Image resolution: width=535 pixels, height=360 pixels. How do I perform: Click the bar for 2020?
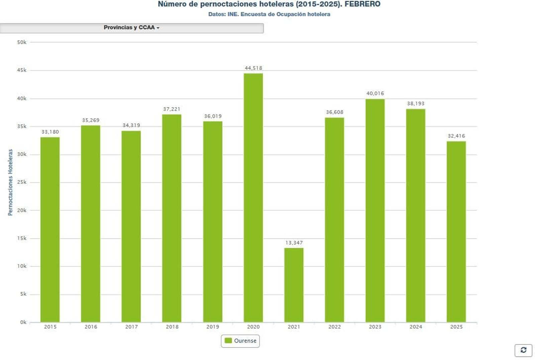(x=253, y=197)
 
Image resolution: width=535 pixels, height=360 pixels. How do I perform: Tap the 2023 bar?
(x=375, y=211)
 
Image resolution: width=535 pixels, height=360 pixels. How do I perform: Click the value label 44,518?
(x=253, y=68)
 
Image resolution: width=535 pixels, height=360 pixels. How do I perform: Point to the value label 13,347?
(x=294, y=243)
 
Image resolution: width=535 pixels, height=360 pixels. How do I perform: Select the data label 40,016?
(x=375, y=94)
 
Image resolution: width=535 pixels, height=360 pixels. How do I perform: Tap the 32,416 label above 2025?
(x=456, y=136)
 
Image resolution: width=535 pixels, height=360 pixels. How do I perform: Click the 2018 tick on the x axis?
(x=172, y=327)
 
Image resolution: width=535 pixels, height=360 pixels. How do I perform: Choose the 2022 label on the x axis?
(x=334, y=327)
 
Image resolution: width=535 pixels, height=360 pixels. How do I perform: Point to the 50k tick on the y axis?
(x=22, y=42)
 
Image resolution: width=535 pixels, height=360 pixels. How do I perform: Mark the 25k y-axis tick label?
(x=22, y=183)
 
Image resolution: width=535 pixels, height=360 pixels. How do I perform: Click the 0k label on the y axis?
(x=23, y=323)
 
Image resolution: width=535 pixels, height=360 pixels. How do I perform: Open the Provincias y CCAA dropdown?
(x=131, y=28)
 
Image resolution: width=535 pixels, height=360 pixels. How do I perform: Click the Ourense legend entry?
(x=245, y=341)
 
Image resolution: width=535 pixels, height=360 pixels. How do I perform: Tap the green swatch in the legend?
(x=228, y=341)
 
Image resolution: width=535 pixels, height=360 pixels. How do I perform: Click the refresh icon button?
(x=523, y=350)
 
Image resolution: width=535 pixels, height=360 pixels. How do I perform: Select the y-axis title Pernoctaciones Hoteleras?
(x=10, y=182)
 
